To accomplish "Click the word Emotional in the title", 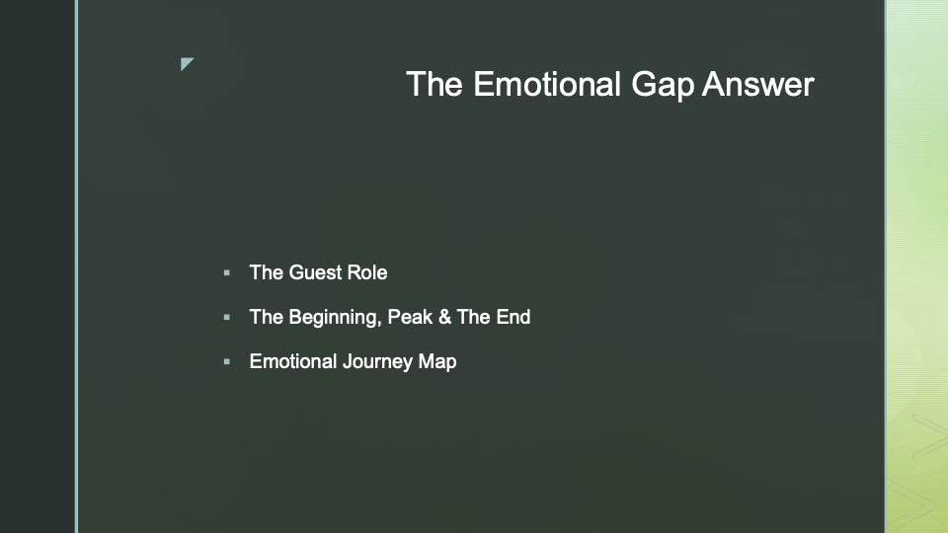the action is tap(546, 83).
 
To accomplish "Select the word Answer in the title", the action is tap(758, 84).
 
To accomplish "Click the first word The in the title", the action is tap(434, 83).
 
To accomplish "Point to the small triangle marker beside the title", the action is tap(186, 63).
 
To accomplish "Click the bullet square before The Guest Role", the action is tap(227, 273).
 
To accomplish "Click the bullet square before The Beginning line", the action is tap(227, 317).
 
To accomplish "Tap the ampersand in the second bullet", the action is tap(445, 317).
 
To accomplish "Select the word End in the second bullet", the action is tap(513, 317).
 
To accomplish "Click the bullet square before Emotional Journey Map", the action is tap(227, 362).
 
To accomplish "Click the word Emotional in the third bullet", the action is tap(293, 361).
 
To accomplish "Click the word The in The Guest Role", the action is tap(266, 272).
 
